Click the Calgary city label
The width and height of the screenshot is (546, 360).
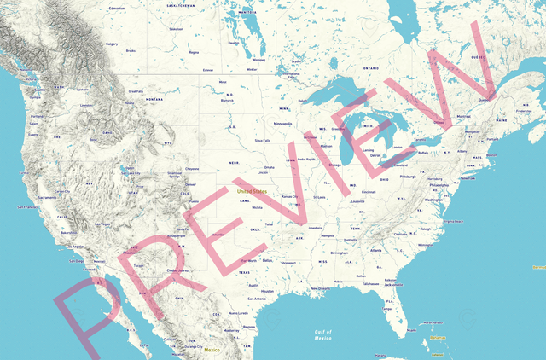click(111, 44)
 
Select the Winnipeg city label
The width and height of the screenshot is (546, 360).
click(258, 61)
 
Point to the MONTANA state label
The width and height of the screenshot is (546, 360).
click(154, 99)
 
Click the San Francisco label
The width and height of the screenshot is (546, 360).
click(25, 206)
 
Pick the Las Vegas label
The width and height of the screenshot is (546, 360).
click(102, 224)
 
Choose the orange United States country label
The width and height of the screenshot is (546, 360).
click(252, 191)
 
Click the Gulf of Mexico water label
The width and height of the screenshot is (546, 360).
click(322, 334)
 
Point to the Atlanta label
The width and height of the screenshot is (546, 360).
click(376, 250)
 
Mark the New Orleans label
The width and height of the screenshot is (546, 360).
click(319, 288)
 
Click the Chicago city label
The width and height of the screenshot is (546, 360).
click(334, 165)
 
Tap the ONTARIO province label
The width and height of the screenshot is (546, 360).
click(371, 67)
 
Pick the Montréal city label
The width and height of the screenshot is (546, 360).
click(464, 116)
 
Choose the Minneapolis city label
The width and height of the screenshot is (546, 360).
click(282, 123)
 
